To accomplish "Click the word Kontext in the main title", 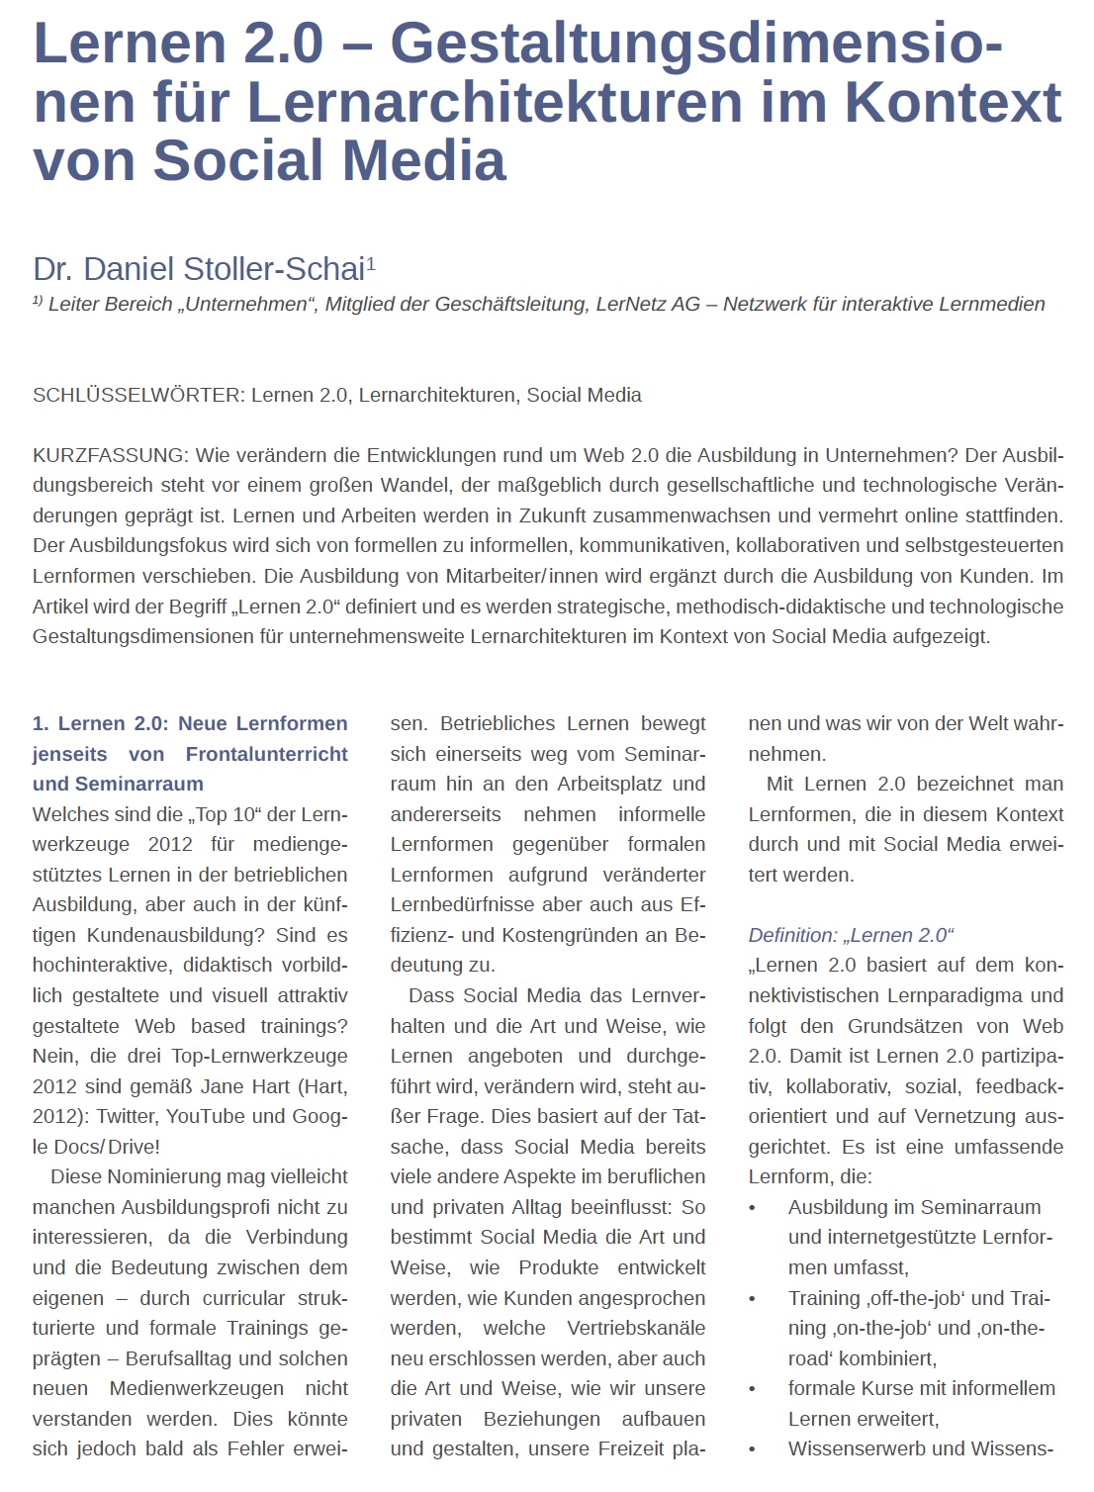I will pos(952,102).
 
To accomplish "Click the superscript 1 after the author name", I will pos(371,262).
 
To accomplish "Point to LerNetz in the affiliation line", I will pos(632,304).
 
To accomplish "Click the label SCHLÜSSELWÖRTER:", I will pos(137,395).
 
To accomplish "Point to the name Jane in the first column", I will pos(223,1085).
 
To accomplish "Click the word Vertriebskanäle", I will pos(636,1328).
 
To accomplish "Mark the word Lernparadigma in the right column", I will pos(953,995).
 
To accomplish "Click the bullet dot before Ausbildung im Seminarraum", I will pos(753,1208).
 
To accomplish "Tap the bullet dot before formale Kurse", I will pos(753,1389).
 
